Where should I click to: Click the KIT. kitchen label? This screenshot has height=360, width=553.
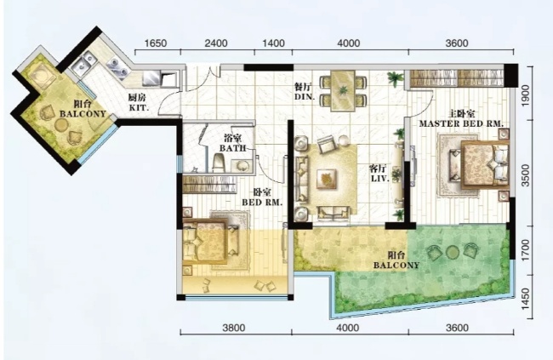[139, 107]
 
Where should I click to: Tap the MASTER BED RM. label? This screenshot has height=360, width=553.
[461, 124]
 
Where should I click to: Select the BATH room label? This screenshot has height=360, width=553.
[232, 148]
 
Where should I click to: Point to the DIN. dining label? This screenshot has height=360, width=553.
[305, 96]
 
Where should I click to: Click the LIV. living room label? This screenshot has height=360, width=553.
[380, 179]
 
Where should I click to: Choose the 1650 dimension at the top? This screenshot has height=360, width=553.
[156, 43]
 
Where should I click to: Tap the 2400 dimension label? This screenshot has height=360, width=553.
[216, 43]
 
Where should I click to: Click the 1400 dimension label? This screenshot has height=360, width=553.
[274, 43]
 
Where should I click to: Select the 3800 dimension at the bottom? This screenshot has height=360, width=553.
[234, 328]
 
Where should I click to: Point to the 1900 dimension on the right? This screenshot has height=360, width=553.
[526, 94]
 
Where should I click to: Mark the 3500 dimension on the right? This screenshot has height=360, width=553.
[526, 175]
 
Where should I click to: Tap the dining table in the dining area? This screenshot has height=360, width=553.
[343, 90]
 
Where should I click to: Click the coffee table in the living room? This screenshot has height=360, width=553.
[326, 177]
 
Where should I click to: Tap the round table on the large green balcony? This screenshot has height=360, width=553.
[452, 253]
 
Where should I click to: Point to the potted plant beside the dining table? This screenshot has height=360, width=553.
[395, 78]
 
